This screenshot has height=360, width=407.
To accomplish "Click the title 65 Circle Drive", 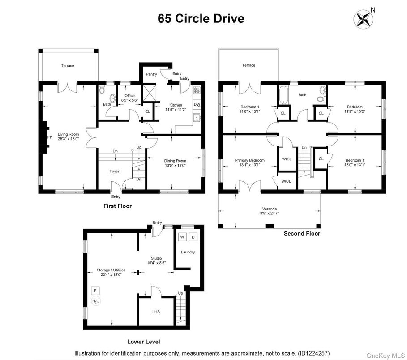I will (201, 19).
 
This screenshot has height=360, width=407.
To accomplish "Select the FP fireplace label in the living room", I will (50, 137).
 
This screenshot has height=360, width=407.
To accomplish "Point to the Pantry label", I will (151, 74).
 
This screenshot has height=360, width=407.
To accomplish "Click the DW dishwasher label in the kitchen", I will (197, 105).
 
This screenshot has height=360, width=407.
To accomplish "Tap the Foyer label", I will (114, 171).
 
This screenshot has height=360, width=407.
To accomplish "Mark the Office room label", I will (129, 96).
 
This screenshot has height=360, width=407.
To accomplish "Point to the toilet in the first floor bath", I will (102, 91).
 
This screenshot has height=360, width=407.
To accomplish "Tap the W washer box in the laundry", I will (182, 237).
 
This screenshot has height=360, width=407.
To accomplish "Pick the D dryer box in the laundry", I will (193, 237).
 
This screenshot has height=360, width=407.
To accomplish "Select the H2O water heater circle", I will (95, 301).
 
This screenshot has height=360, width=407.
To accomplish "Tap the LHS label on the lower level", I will (156, 312).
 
